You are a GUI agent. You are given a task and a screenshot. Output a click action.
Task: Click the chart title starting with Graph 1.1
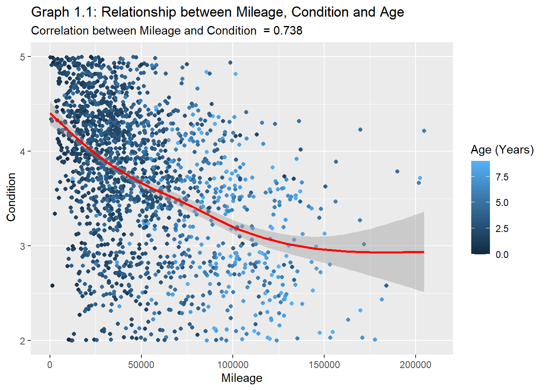pyautogui.click(x=217, y=12)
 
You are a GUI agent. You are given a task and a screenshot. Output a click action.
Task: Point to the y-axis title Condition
pyautogui.click(x=11, y=197)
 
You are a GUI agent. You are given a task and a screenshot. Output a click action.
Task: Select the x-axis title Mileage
pyautogui.click(x=242, y=378)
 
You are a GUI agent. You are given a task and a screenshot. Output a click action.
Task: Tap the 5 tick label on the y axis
pyautogui.click(x=23, y=57)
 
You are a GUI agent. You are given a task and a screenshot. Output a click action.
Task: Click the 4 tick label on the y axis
pyautogui.click(x=23, y=152)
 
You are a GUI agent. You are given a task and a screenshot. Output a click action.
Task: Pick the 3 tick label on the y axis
pyautogui.click(x=23, y=246)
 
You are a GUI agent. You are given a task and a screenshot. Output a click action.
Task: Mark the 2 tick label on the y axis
pyautogui.click(x=23, y=341)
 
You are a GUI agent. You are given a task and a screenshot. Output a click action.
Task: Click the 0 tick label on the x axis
pyautogui.click(x=50, y=364)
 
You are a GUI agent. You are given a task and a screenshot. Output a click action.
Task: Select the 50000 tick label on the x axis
pyautogui.click(x=141, y=364)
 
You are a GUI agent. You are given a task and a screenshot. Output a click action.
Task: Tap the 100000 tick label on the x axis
pyautogui.click(x=232, y=364)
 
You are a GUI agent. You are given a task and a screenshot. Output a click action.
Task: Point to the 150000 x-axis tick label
pyautogui.click(x=324, y=364)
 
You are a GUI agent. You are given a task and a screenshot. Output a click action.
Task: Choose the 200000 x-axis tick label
pyautogui.click(x=415, y=364)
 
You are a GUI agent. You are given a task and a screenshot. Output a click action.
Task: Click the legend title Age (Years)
pyautogui.click(x=502, y=150)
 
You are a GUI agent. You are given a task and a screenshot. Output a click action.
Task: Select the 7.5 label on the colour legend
pyautogui.click(x=502, y=177)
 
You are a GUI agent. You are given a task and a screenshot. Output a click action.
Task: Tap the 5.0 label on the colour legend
pyautogui.click(x=502, y=203)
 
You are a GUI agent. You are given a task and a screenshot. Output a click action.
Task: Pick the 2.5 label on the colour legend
pyautogui.click(x=502, y=229)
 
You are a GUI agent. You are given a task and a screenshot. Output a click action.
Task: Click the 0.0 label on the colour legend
pyautogui.click(x=502, y=255)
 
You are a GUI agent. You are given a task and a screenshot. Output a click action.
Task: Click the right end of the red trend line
pyautogui.click(x=423, y=252)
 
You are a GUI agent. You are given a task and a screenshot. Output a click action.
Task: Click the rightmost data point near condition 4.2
pyautogui.click(x=424, y=131)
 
